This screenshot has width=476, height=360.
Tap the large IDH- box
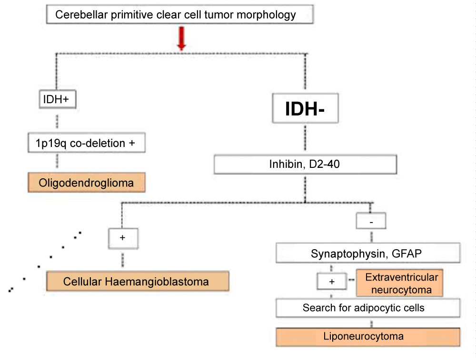coord(305,109)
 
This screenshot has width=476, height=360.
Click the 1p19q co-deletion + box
coord(86,142)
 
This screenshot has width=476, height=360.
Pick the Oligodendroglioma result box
coord(86,182)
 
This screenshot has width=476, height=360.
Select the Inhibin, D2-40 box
coord(305,165)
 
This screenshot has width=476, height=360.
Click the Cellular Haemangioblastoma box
coord(137,282)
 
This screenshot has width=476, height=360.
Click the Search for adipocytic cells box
coord(368,308)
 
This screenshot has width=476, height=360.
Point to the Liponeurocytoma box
coord(368,337)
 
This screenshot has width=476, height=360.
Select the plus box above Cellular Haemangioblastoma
coord(123,238)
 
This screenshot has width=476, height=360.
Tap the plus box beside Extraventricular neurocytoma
coord(332,282)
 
